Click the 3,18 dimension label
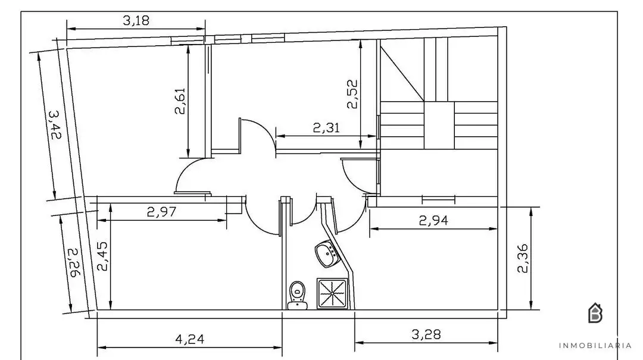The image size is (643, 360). tap(136, 20)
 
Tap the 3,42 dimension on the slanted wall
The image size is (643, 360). tap(55, 124)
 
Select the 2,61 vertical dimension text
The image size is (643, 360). tap(180, 101)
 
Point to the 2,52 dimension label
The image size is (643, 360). tap(352, 94)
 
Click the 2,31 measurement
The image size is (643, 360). tap(326, 128)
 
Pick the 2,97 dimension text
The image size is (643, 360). tap(161, 212)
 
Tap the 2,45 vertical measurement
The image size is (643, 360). tap(102, 256)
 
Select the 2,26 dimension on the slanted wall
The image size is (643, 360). tap(74, 262)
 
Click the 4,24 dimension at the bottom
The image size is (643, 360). tap(189, 339)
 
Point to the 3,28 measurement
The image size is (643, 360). tap(426, 334)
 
